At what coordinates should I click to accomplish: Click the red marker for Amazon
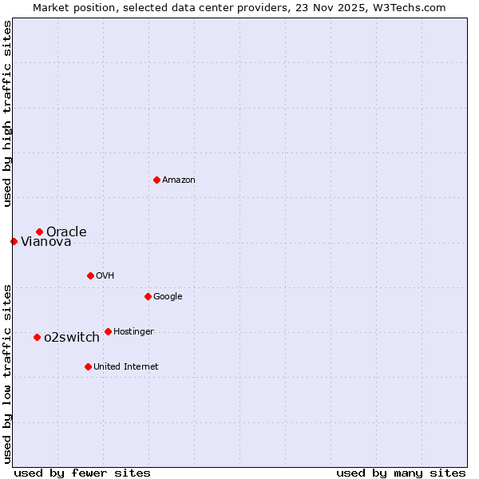[x=156, y=180]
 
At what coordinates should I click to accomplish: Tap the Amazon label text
[x=179, y=180]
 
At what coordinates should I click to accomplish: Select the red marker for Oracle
[x=39, y=232]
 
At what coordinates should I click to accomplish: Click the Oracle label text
[x=66, y=232]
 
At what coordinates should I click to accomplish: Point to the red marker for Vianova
[x=14, y=241]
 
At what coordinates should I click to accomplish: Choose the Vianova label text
[x=46, y=242]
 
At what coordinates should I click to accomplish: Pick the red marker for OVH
[x=90, y=275]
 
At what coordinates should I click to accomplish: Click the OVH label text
[x=105, y=276]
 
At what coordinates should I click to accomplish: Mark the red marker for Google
[x=148, y=296]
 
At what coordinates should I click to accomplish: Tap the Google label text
[x=168, y=297]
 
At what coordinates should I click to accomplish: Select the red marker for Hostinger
[x=108, y=331]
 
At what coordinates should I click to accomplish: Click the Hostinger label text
[x=133, y=332]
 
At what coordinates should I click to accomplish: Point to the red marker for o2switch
[x=37, y=337]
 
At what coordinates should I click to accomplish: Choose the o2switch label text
[x=72, y=338]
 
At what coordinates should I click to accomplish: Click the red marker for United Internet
[x=88, y=366]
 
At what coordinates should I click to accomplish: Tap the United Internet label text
[x=126, y=367]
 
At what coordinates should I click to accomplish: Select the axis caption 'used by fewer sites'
[x=82, y=473]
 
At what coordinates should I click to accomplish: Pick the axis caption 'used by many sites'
[x=401, y=473]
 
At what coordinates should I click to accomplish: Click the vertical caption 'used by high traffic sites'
[x=7, y=113]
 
